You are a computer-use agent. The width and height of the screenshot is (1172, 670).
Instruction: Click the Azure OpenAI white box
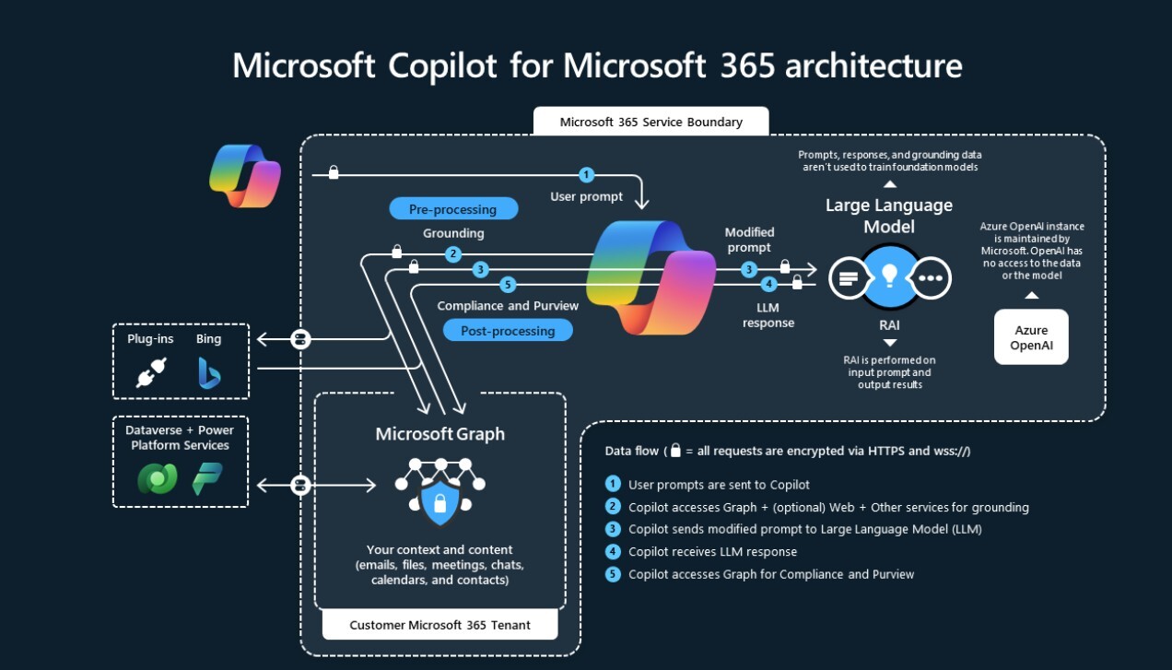[1031, 337]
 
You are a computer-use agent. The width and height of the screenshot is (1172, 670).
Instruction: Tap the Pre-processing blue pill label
[452, 209]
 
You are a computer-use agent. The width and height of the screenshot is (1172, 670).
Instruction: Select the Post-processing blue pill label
[508, 331]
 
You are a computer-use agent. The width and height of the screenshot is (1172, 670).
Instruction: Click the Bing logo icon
[209, 373]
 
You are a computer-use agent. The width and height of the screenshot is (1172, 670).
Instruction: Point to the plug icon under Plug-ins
[150, 373]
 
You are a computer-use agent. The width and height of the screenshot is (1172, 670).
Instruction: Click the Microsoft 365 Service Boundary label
[650, 122]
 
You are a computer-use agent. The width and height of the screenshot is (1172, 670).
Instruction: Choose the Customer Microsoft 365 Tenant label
[439, 625]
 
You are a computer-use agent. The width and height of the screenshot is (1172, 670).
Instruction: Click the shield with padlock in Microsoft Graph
[439, 501]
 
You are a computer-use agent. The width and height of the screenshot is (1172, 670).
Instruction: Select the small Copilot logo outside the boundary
[244, 174]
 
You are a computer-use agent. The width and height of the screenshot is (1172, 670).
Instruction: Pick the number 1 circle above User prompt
[586, 175]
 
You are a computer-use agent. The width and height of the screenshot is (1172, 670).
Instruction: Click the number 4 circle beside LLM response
[768, 285]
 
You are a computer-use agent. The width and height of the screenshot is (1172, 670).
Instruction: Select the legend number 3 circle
[613, 529]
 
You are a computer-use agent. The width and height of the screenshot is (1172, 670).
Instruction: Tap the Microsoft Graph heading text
[439, 434]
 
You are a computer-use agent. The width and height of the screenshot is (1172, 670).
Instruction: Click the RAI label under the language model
[889, 324]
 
